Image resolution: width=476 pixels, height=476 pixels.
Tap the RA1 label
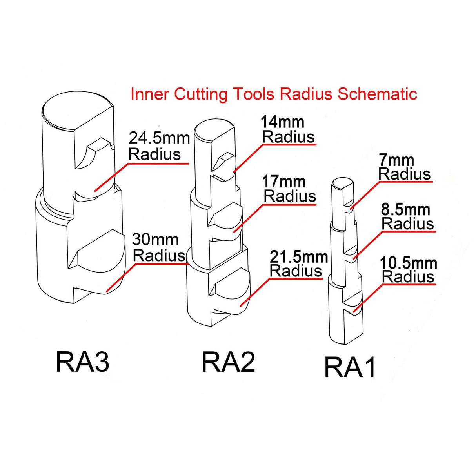(x=350, y=367)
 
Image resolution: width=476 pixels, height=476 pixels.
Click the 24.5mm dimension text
(x=159, y=138)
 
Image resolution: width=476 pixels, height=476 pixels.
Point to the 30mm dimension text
(x=155, y=239)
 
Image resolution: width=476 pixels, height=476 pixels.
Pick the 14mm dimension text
(x=282, y=122)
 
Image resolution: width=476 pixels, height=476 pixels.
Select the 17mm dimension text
(x=284, y=182)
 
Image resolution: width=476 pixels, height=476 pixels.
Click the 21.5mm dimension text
(x=299, y=257)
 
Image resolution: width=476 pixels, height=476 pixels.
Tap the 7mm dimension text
(x=396, y=160)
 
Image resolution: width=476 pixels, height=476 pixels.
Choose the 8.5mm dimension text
(x=405, y=210)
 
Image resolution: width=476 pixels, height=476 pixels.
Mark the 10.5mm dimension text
(x=409, y=263)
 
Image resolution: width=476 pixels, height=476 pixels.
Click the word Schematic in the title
(x=377, y=94)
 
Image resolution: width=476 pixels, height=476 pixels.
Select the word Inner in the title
(x=150, y=94)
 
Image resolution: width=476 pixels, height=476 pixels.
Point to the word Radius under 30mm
(x=159, y=256)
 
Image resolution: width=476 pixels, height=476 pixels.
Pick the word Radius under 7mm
(x=405, y=174)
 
